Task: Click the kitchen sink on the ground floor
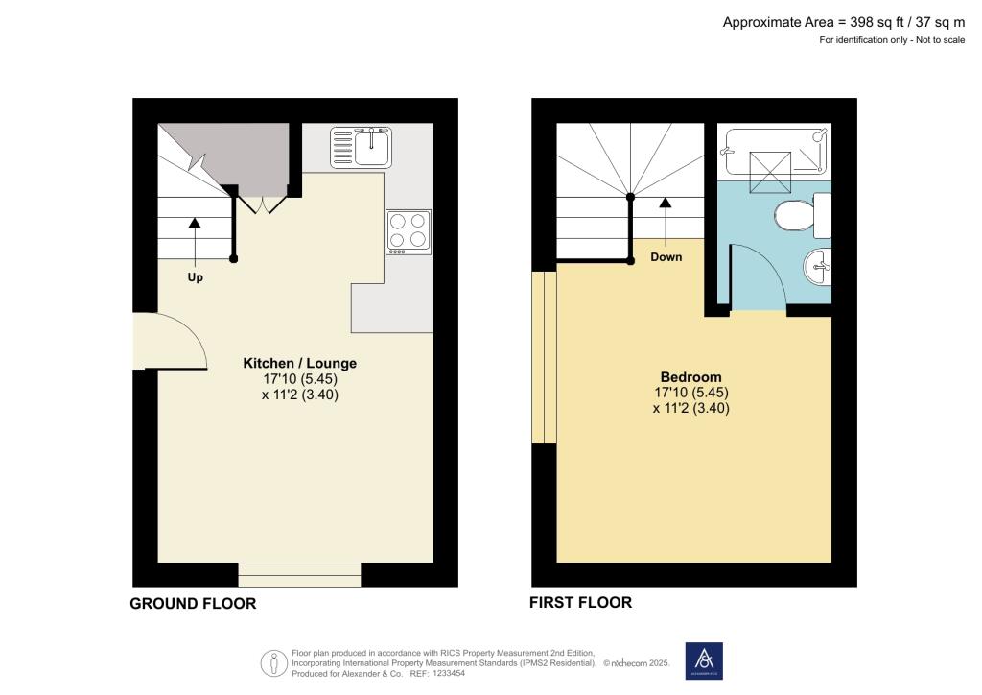click(x=361, y=147)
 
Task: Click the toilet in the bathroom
click(x=795, y=216)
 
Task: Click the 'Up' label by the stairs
click(x=195, y=277)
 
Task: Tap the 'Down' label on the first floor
click(x=666, y=257)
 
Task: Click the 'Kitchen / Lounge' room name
click(x=299, y=363)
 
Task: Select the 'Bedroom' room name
click(x=690, y=376)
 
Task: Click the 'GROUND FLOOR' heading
click(x=193, y=604)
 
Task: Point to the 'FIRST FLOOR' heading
click(x=580, y=603)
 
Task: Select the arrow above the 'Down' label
click(x=664, y=204)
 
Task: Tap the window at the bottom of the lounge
click(x=299, y=575)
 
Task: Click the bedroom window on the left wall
click(x=544, y=356)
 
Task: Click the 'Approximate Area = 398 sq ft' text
click(x=843, y=22)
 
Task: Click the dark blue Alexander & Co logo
click(x=704, y=660)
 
